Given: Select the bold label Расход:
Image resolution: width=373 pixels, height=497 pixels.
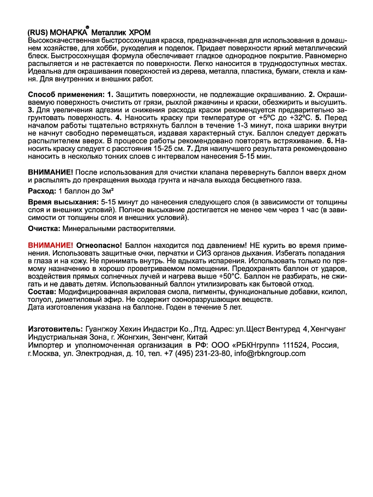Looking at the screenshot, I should click(x=41, y=191).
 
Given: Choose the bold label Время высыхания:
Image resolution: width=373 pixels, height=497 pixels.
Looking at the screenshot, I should click(x=59, y=202).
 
